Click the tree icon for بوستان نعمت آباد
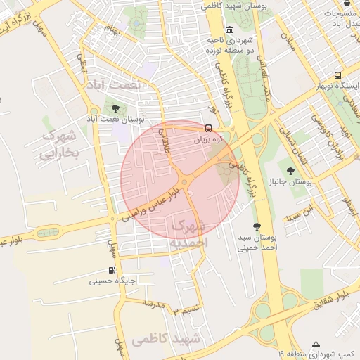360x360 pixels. coord(115,108)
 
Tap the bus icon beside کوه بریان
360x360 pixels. coord(207,129)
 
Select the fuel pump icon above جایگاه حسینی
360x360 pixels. coord(112,271)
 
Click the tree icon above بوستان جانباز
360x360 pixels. coord(290,170)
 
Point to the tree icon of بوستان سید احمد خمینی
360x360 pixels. coord(257,226)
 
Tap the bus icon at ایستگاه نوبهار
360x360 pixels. coord(338,76)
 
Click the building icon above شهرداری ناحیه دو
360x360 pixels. coord(230,30)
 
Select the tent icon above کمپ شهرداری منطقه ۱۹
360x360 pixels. coord(316,344)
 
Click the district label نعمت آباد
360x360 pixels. coord(113,84)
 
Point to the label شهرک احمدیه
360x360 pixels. coord(188,233)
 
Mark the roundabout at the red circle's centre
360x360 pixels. coord(184,181)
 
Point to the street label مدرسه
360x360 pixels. coord(153,304)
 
